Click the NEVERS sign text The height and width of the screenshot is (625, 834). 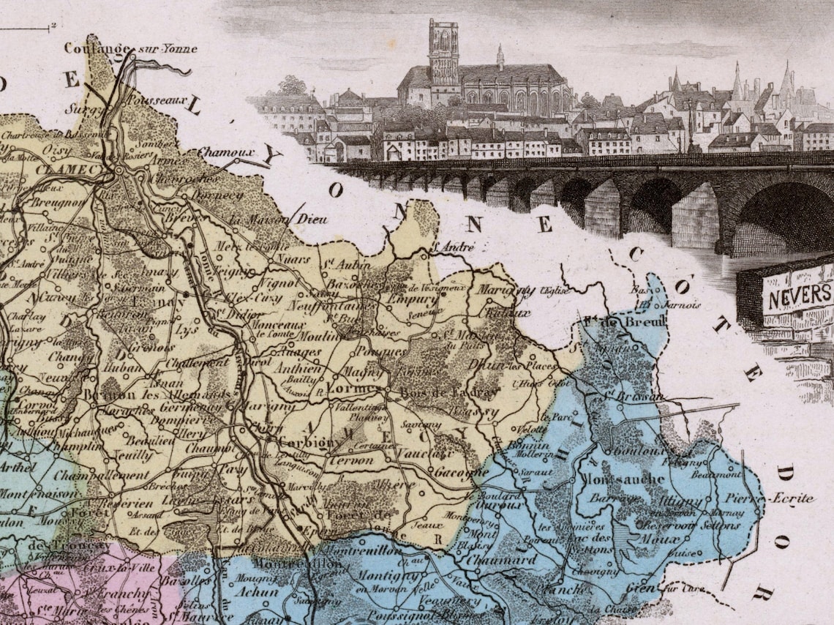pos(797,296)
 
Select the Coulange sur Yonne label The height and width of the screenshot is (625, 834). pos(130,48)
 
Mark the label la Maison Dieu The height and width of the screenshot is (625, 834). pos(278,219)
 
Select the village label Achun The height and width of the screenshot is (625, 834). pos(260,591)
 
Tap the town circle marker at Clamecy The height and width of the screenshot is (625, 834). pos(119,170)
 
